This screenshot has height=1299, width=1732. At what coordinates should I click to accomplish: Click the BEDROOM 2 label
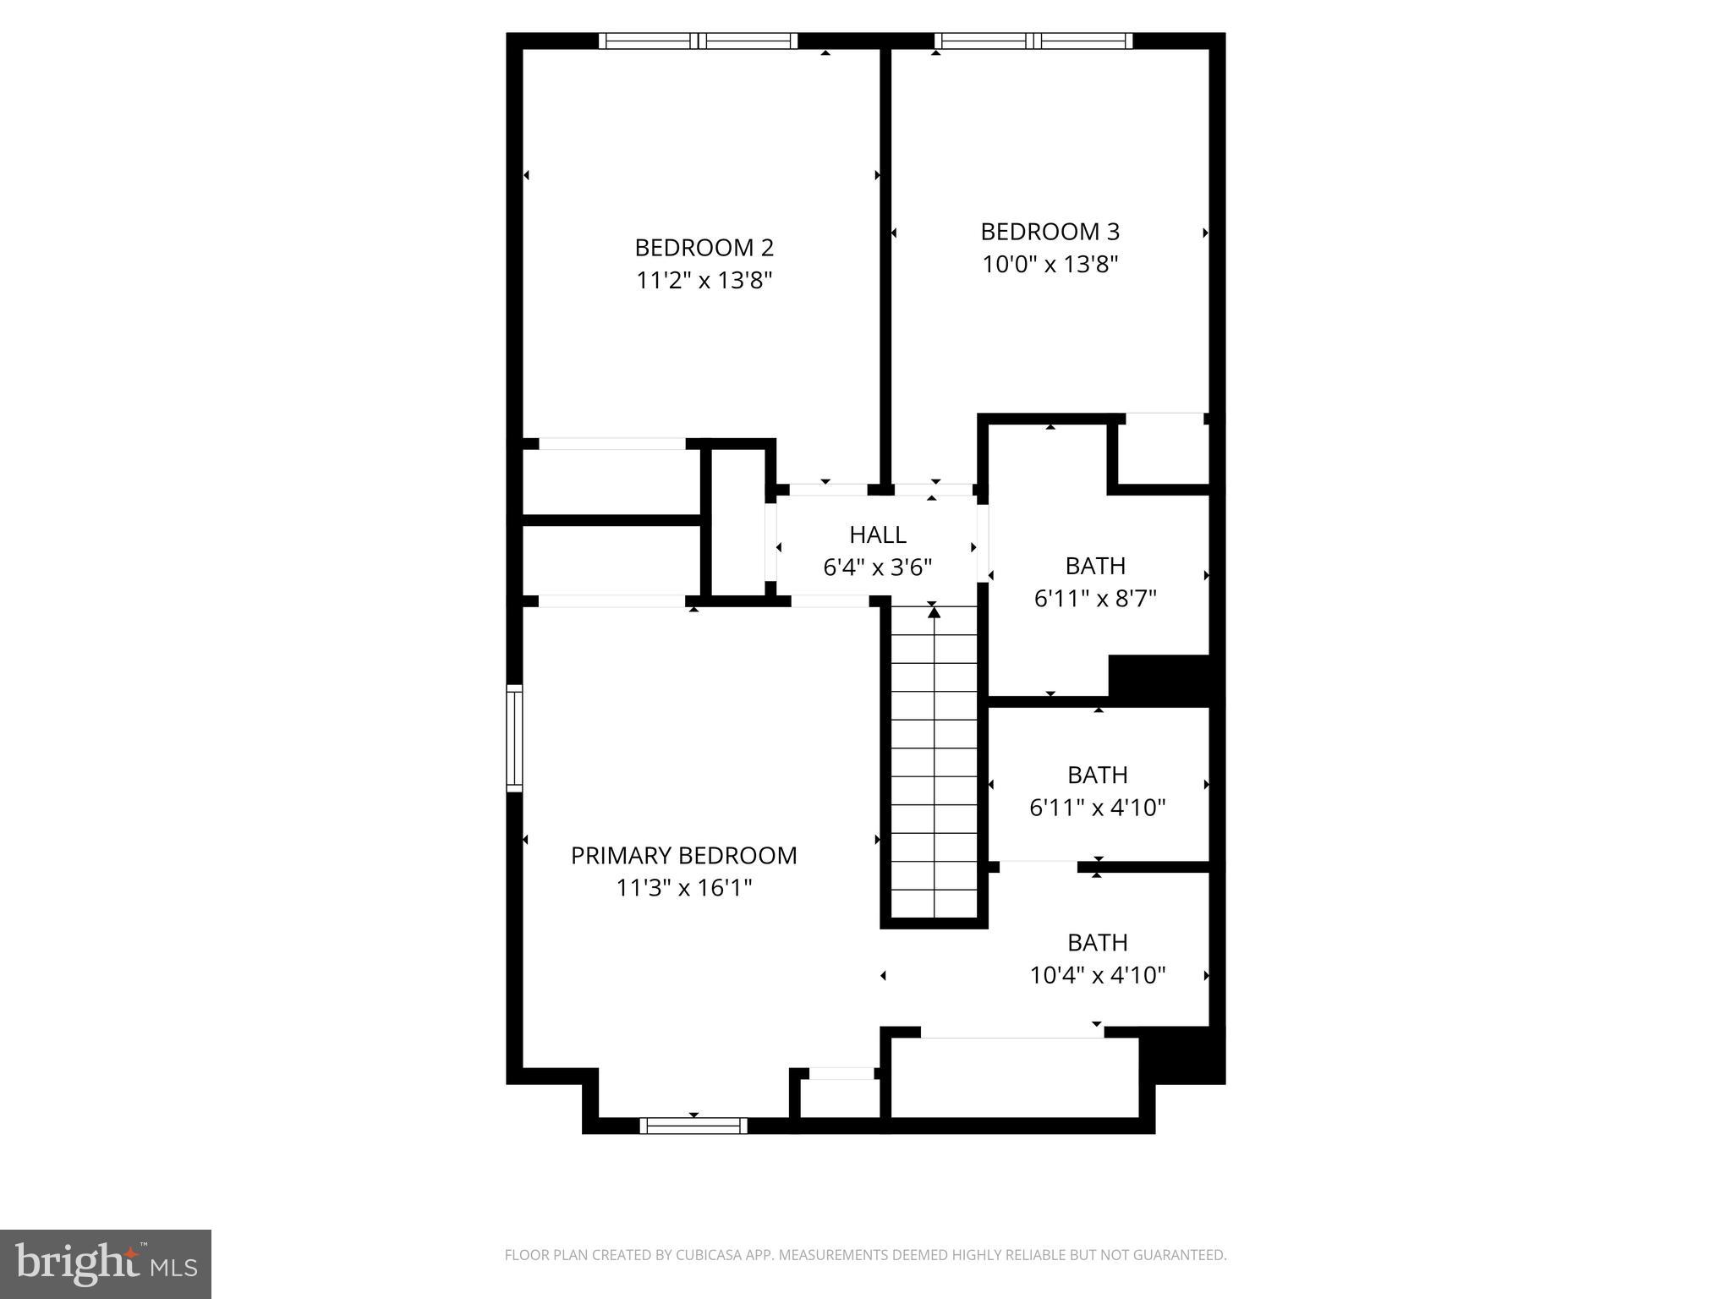pos(704,248)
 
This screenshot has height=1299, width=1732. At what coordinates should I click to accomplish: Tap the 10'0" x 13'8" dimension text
pos(1050,265)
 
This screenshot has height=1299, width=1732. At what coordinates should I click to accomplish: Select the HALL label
pos(877,534)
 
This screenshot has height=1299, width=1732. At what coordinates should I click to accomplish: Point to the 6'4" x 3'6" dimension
pos(877,567)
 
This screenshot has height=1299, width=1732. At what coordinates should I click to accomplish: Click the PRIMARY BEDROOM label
pos(683,856)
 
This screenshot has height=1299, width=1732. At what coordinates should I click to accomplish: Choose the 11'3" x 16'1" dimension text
pos(683,888)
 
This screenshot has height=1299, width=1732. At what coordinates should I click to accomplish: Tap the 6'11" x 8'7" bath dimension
pos(1095,599)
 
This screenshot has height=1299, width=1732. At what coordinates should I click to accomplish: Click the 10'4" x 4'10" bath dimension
pos(1097,976)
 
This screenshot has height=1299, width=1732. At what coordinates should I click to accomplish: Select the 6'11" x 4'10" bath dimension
pos(1097,808)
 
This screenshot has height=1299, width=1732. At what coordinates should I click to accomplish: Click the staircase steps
pos(934,761)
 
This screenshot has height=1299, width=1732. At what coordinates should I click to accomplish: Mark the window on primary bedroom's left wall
pos(514,738)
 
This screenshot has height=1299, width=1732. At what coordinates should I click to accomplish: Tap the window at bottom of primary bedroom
pos(693,1125)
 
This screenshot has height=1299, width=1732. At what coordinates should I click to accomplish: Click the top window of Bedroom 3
pos(1033,41)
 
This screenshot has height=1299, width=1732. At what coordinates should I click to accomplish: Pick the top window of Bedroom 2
pos(698,41)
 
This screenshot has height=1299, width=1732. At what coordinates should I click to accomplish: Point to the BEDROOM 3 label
pos(1050,232)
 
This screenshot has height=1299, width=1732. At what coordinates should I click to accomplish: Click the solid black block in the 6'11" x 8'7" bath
pos(1163,678)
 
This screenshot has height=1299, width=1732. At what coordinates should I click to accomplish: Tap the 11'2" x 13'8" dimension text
pos(704,281)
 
